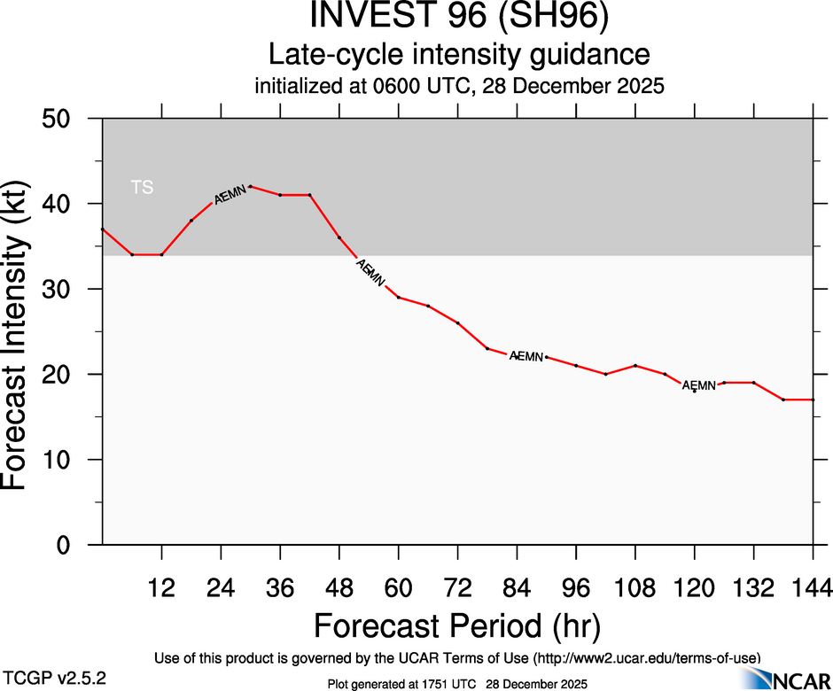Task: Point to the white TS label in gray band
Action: [142, 187]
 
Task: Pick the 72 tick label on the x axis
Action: [457, 587]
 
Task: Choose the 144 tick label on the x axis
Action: [813, 587]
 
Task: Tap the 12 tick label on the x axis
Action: [161, 587]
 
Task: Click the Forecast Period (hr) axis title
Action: [457, 626]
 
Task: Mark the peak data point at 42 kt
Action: [251, 187]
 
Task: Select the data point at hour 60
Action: [399, 298]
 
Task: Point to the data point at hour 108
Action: [635, 366]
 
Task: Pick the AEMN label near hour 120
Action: [698, 385]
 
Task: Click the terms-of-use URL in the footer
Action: [647, 657]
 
